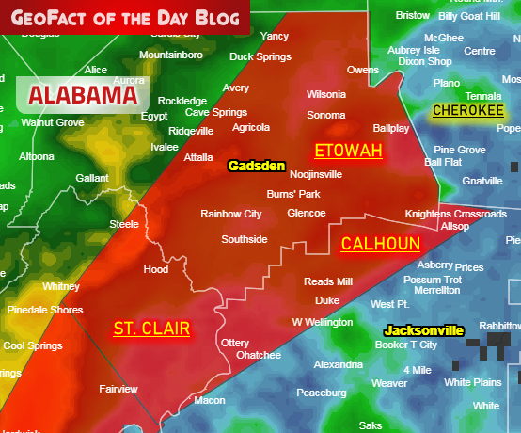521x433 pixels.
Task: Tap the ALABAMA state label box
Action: click(83, 94)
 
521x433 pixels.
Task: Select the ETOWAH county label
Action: click(348, 151)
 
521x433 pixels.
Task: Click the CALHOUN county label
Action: click(380, 244)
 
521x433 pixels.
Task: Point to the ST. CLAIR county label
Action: click(151, 329)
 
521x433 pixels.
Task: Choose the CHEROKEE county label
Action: click(467, 111)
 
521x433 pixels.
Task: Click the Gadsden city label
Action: click(256, 166)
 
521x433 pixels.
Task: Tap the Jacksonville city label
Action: click(423, 330)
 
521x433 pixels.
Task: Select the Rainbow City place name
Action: click(230, 214)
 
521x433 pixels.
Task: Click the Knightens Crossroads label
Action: click(455, 214)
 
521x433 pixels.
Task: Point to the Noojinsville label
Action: click(316, 174)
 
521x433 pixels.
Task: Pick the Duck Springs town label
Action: click(260, 56)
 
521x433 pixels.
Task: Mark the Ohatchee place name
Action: click(258, 355)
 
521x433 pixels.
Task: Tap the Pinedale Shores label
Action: click(44, 310)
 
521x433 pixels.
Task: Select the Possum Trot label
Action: click(432, 280)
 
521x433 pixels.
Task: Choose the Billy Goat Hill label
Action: click(469, 16)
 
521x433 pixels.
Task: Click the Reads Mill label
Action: click(328, 281)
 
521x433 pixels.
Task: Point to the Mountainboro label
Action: click(171, 56)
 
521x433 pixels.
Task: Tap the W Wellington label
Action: click(323, 322)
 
